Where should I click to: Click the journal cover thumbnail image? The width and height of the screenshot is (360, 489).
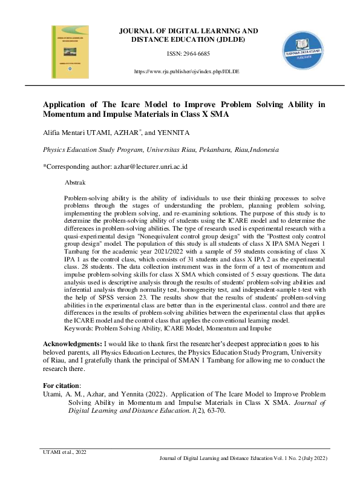pos(73,53)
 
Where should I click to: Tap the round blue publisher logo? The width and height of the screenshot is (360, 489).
pos(308,53)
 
